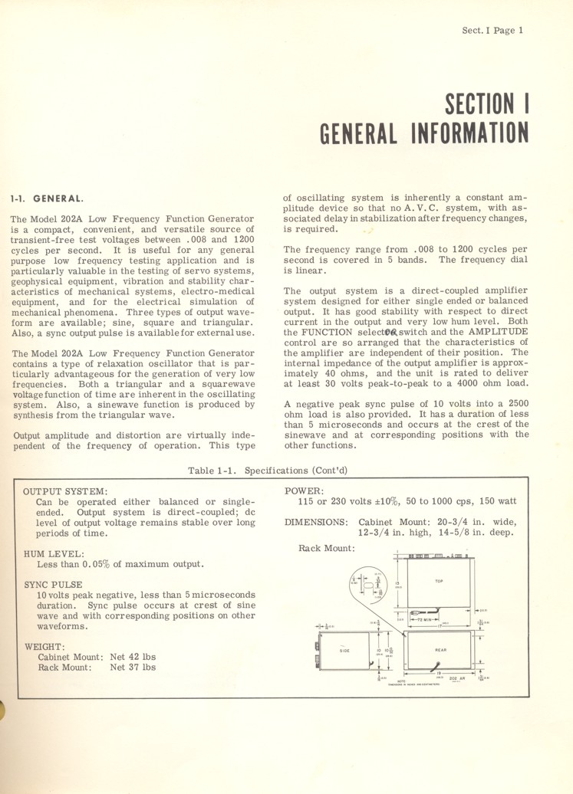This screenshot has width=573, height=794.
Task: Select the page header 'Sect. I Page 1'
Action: (x=492, y=31)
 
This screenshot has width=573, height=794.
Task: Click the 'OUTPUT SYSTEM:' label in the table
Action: (x=65, y=491)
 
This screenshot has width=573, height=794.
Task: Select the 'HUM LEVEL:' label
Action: (x=54, y=553)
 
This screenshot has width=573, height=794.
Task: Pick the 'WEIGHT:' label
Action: (x=44, y=646)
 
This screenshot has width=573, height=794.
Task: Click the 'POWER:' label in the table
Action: (x=303, y=491)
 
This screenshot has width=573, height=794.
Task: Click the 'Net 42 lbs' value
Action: (x=133, y=656)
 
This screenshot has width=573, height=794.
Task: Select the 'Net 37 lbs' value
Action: (x=133, y=667)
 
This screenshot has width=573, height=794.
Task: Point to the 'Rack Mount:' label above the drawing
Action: (x=326, y=548)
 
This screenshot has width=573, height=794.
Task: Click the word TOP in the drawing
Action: (x=439, y=581)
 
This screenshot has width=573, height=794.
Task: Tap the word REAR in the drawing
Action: (x=440, y=651)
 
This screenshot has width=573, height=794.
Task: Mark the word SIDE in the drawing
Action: (x=344, y=651)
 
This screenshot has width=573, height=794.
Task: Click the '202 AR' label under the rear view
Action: (x=457, y=678)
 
